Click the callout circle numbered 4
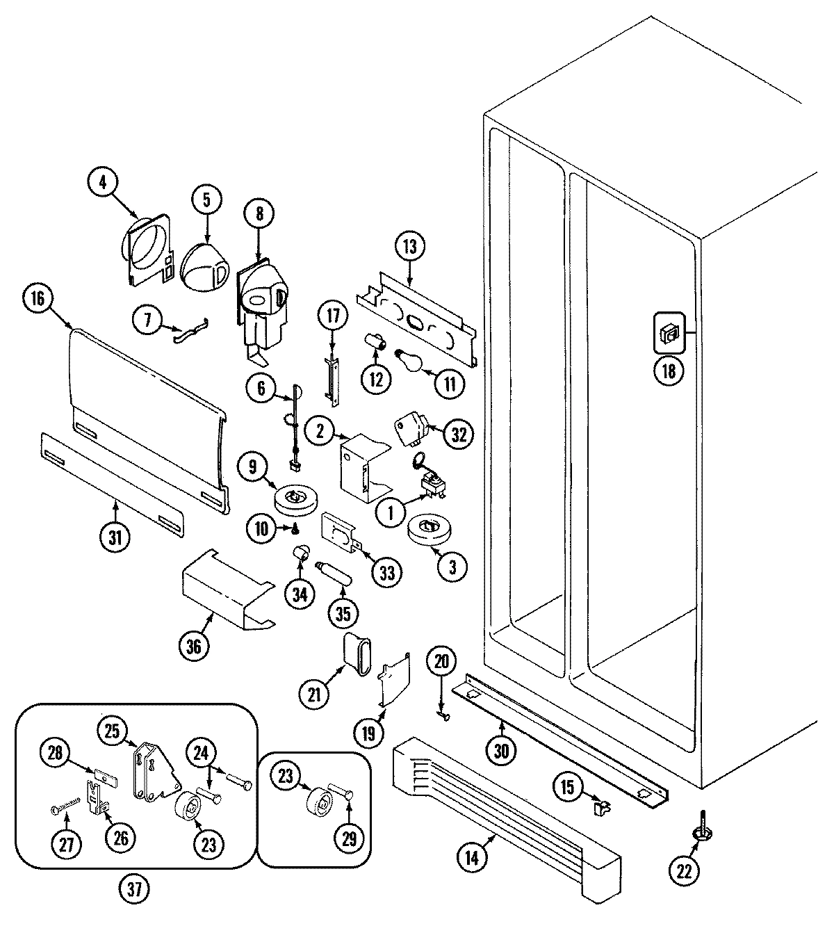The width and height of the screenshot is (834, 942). coord(103,183)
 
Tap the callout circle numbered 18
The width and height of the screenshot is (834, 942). coord(668,371)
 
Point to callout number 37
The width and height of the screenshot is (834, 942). coord(137,888)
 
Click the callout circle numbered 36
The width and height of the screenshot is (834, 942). coord(194,647)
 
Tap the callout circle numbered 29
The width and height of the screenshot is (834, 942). coord(350,839)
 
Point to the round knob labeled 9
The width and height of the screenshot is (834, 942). coord(295,501)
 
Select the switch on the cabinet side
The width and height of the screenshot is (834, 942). coord(669,335)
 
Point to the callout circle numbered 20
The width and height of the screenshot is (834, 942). coord(441,663)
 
